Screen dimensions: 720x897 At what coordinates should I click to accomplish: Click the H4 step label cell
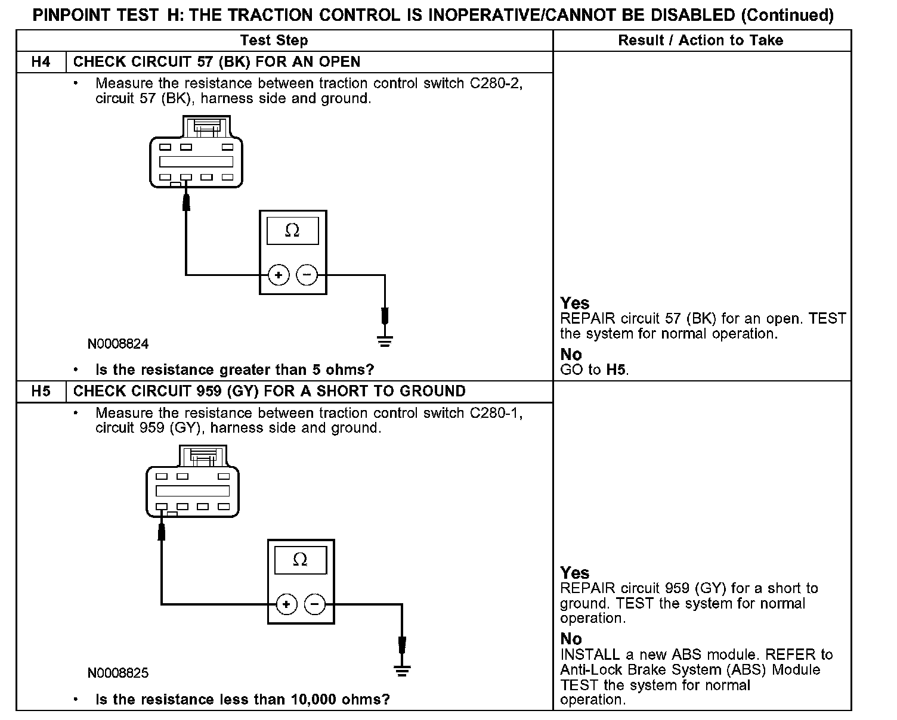tap(41, 62)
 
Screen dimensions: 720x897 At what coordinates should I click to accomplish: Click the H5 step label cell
tap(41, 392)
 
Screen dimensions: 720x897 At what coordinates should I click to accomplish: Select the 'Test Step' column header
tap(274, 41)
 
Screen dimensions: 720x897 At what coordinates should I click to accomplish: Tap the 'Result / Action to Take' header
tap(700, 41)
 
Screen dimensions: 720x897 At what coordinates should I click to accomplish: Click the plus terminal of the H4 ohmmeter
tap(278, 275)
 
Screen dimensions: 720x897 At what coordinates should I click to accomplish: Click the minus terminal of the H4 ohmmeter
tap(307, 275)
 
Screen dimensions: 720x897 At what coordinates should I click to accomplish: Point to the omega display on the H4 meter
tap(292, 231)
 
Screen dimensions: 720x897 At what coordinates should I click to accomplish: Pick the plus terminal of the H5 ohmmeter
tap(286, 604)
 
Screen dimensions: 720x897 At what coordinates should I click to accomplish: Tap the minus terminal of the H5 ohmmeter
tap(315, 604)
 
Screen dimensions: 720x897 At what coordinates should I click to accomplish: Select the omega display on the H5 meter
tap(301, 560)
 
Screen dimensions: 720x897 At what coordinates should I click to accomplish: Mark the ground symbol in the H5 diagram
tap(403, 671)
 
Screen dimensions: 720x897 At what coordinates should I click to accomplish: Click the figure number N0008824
tap(118, 344)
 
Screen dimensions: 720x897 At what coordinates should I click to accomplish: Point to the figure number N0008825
tap(118, 674)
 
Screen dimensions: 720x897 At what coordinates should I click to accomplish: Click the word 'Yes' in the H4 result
tap(575, 303)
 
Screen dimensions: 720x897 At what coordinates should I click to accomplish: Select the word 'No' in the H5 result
tap(571, 639)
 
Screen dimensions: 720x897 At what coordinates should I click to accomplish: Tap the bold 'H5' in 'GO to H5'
tap(616, 370)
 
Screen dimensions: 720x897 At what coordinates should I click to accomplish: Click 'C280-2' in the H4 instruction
tap(496, 83)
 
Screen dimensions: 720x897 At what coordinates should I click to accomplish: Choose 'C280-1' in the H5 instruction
tap(496, 413)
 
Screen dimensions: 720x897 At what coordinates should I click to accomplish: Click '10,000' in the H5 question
tap(314, 699)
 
